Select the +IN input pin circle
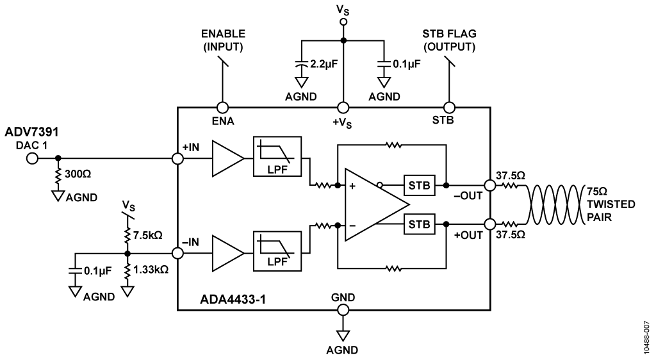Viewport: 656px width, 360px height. [178, 158]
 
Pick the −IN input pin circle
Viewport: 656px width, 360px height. [178, 254]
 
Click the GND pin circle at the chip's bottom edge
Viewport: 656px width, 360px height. [343, 310]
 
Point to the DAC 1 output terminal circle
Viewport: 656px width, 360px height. [32, 158]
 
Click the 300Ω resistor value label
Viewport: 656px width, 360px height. [78, 174]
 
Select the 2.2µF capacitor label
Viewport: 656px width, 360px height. [324, 65]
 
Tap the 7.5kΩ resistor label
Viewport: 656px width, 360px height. [148, 235]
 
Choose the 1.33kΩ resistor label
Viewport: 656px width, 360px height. [151, 270]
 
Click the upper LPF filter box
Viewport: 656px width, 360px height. [277, 156]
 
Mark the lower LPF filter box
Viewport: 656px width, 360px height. [277, 251]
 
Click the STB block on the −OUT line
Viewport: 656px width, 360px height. [419, 185]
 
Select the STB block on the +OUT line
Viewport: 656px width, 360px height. [419, 224]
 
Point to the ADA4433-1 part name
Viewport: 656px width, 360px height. [233, 300]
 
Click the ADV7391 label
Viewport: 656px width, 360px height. [32, 132]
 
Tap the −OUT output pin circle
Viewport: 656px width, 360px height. [490, 185]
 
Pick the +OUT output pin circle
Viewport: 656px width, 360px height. [490, 224]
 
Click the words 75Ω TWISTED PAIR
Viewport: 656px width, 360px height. [611, 204]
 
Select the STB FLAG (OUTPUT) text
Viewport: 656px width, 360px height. [449, 40]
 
